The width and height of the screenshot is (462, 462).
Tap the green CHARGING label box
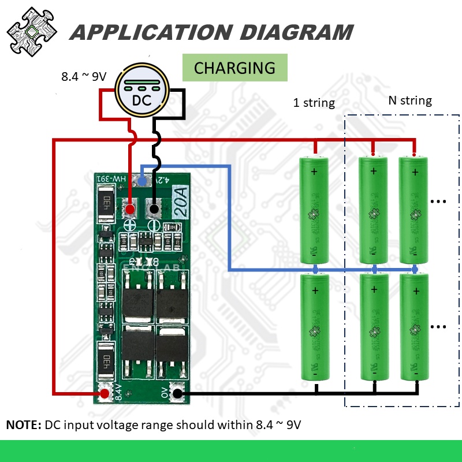click(234, 68)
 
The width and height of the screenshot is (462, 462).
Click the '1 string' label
click(314, 103)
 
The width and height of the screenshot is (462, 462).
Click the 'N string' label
click(409, 100)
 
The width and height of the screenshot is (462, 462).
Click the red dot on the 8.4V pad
click(105, 394)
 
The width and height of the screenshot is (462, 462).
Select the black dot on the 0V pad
click(178, 394)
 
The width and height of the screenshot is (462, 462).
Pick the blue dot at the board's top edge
click(142, 182)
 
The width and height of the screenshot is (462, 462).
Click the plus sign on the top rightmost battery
click(413, 171)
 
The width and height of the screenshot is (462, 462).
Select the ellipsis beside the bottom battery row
click(439, 327)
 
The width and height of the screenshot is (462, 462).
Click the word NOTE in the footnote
click(23, 425)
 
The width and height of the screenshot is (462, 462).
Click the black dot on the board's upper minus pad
click(154, 208)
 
